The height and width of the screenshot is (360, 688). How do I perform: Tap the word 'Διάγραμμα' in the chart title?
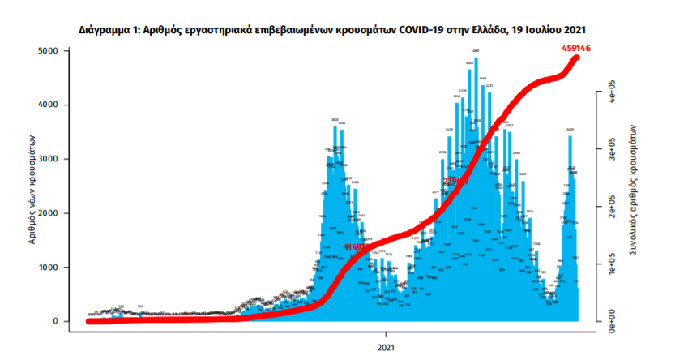point(108,29)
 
